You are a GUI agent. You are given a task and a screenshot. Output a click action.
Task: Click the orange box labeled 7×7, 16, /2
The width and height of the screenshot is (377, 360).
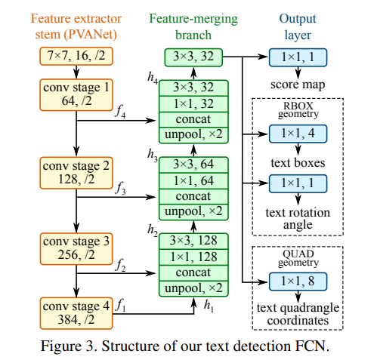point(76,55)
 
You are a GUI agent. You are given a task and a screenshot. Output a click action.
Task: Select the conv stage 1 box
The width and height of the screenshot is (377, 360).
point(75,94)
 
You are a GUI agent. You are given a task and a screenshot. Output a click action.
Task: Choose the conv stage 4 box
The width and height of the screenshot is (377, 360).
point(75,313)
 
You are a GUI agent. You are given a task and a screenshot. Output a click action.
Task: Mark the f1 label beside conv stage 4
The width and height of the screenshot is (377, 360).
point(119,305)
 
